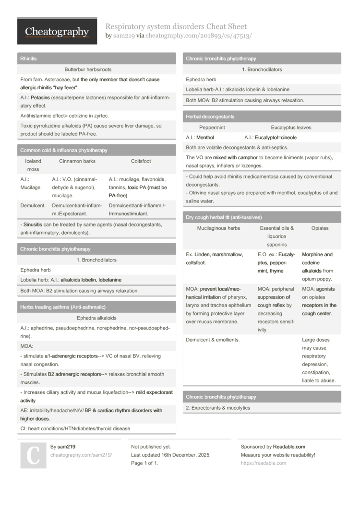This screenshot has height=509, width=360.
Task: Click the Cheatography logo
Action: pos(57,31)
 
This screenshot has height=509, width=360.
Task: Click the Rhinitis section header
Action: pos(29,59)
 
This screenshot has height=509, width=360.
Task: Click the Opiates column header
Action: pos(320,228)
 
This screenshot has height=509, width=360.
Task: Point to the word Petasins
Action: pos(42,97)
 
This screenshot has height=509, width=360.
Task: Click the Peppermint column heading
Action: pos(212,128)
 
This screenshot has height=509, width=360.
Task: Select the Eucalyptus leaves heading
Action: pos(291,128)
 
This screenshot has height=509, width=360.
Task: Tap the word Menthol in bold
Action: pos(205,137)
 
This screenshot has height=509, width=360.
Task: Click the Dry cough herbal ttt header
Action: pos(224,217)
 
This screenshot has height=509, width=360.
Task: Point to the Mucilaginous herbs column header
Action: pos(218,228)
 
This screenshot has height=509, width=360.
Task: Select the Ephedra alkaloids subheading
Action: pos(96,318)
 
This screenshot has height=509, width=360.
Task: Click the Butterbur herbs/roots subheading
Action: pos(88,70)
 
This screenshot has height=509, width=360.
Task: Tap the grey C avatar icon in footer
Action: pos(33,455)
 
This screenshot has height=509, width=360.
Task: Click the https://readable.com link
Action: pos(263,463)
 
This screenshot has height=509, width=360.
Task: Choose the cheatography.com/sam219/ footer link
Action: pos(81,455)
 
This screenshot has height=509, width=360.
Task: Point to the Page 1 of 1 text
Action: pos(144,463)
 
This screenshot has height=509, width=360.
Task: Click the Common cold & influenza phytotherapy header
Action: pos(64,150)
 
